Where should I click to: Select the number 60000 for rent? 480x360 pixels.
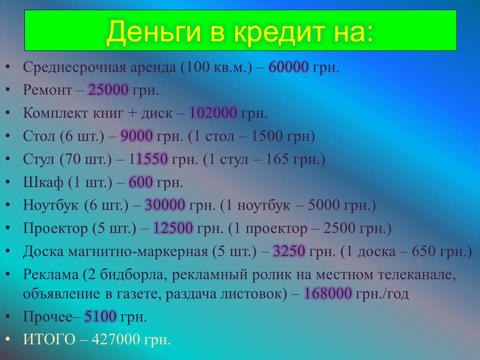pos(288,67)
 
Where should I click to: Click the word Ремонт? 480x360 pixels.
pos(47,90)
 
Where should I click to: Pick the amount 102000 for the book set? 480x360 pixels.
pos(213,113)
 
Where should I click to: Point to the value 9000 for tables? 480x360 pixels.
pos(136,136)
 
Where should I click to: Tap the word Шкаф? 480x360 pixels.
pos(43,182)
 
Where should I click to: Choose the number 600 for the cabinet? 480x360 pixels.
pos(141,182)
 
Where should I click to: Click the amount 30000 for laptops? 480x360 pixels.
pos(165,205)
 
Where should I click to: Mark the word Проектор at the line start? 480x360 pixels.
pos(55,228)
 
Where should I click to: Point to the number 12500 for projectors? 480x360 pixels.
pos(173,228)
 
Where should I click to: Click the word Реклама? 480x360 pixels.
pos(50,274)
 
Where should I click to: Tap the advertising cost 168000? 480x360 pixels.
pos(328,293)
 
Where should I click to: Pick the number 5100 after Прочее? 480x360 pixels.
pos(100,316)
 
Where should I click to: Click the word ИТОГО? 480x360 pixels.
pos(49,339)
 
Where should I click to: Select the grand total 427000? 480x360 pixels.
pos(116,339)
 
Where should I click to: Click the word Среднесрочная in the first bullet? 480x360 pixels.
pos(74,67)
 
